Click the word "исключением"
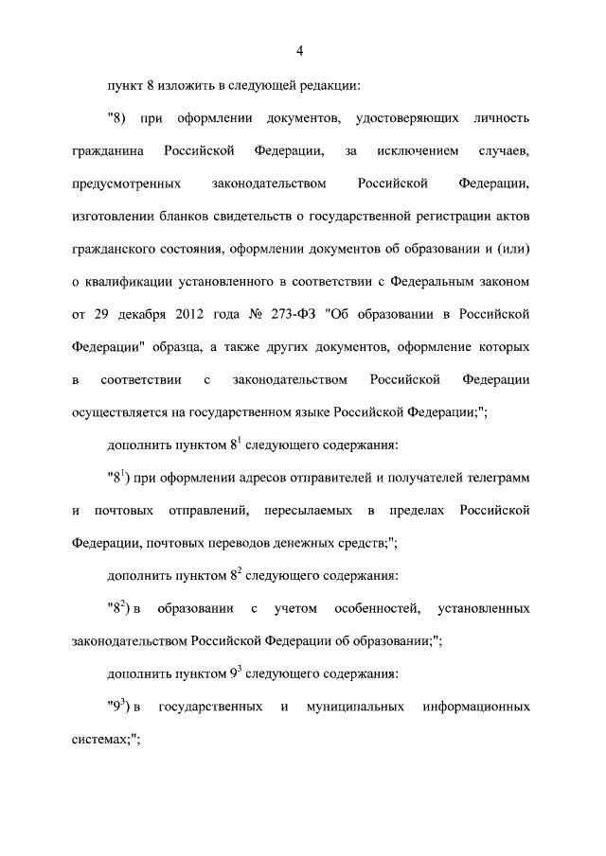416,151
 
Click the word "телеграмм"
495,478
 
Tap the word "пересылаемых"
305,511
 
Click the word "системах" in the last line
99,739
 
